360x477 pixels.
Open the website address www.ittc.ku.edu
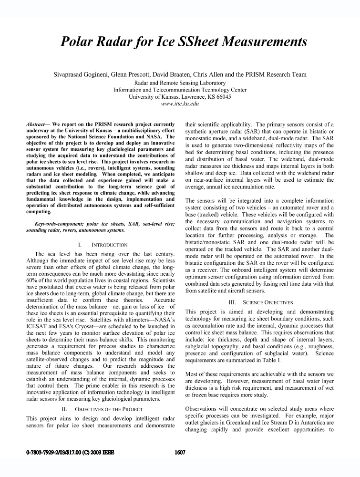click(x=180, y=103)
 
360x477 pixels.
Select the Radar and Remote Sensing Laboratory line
click(x=180, y=82)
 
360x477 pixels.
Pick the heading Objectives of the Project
click(x=106, y=409)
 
